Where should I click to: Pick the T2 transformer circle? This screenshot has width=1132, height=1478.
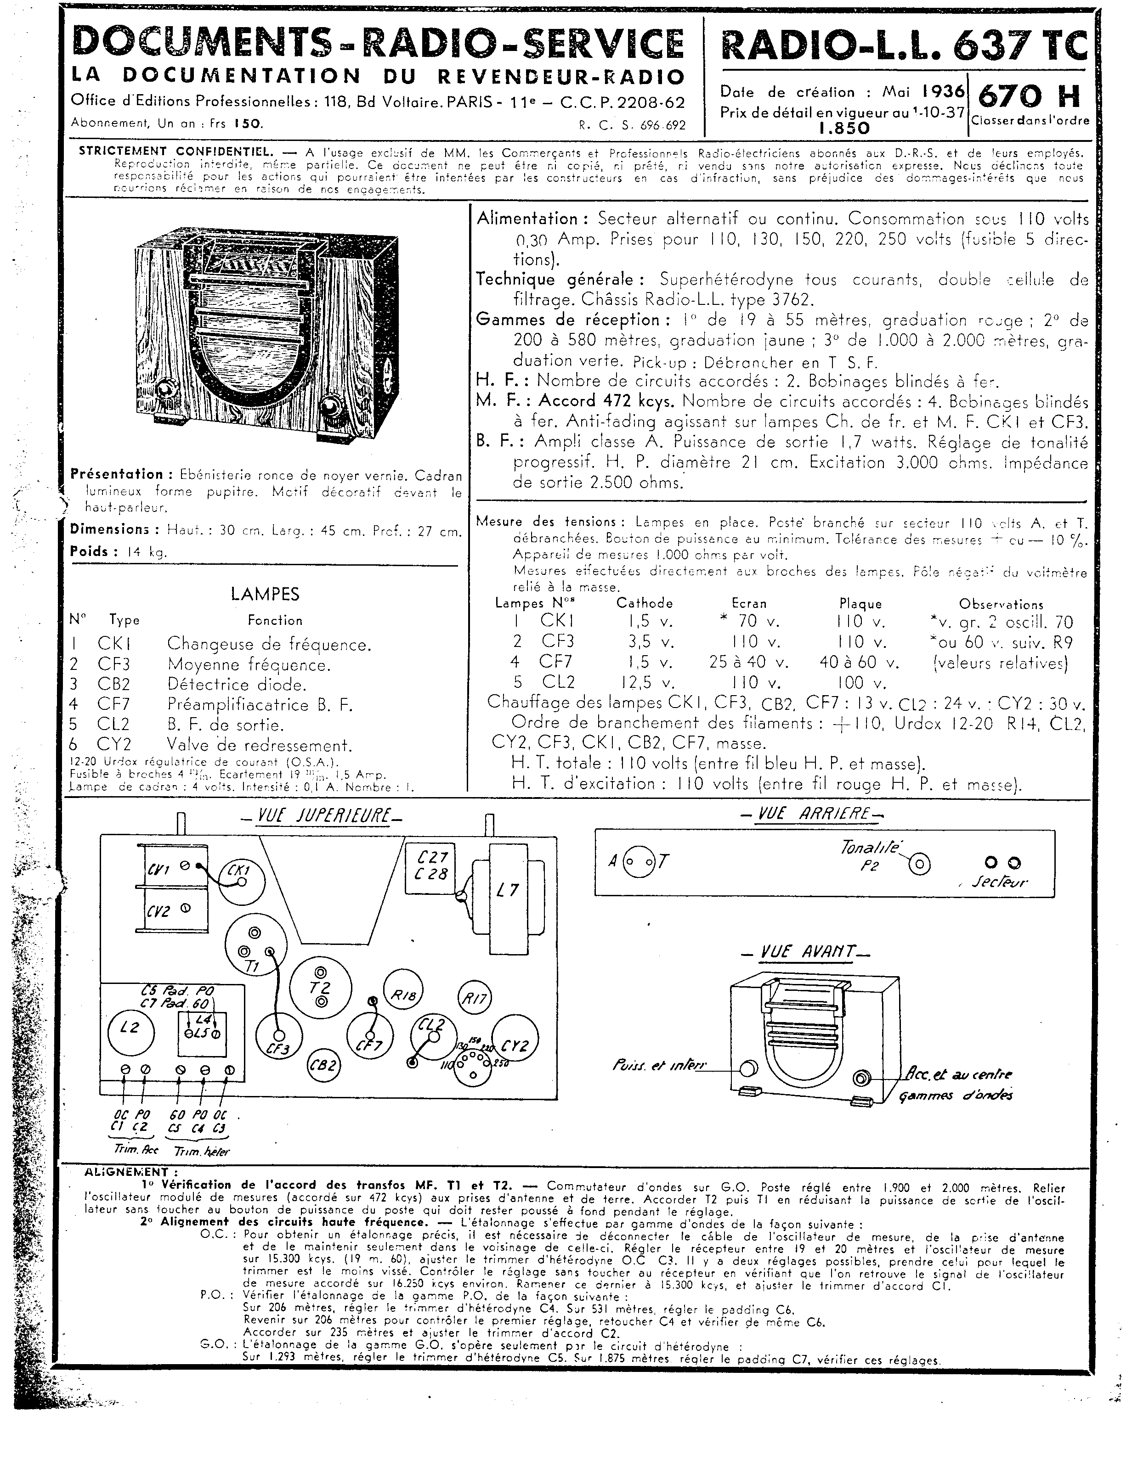320,987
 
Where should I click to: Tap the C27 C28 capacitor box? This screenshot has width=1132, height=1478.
432,866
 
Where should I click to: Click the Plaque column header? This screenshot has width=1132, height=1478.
860,604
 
